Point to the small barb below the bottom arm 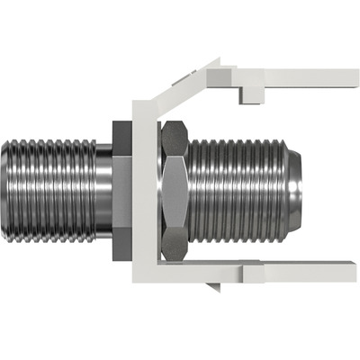(x=213, y=287)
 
